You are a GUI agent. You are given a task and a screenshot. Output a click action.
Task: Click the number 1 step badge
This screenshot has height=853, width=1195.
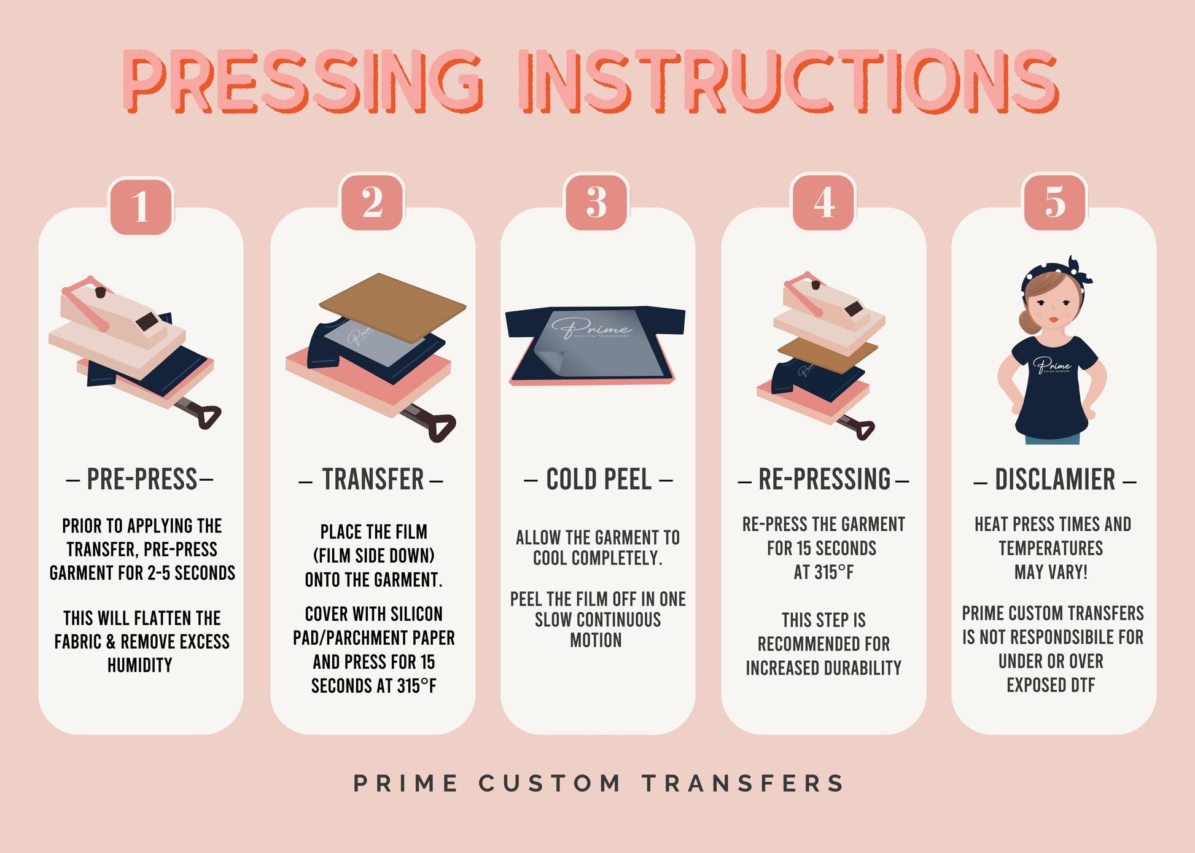pos(141,206)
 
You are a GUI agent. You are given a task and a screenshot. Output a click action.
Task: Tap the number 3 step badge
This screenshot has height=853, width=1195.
pos(596,202)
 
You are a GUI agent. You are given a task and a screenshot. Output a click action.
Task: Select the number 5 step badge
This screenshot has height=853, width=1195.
pos(1054,202)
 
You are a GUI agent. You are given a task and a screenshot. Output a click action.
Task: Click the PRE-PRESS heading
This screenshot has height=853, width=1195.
pos(141,480)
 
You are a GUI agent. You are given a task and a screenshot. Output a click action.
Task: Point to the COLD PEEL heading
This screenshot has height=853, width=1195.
pos(598,480)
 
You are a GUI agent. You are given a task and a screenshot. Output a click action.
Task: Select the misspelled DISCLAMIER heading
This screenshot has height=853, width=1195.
pos(1054,480)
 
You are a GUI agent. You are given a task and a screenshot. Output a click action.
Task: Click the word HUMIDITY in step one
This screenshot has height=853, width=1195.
pos(140,665)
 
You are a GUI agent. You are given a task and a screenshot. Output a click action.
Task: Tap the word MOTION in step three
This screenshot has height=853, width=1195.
pos(596,641)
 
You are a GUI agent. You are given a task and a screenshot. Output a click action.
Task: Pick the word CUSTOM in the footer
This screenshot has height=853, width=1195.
pos(550,784)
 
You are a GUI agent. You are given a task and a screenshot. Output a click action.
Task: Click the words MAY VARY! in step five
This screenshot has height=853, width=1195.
pos(1051,572)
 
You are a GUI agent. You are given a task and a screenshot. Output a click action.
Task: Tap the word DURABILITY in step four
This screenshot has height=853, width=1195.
pos(860,668)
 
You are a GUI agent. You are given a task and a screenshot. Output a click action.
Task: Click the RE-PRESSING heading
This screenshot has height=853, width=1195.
pos(823,480)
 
